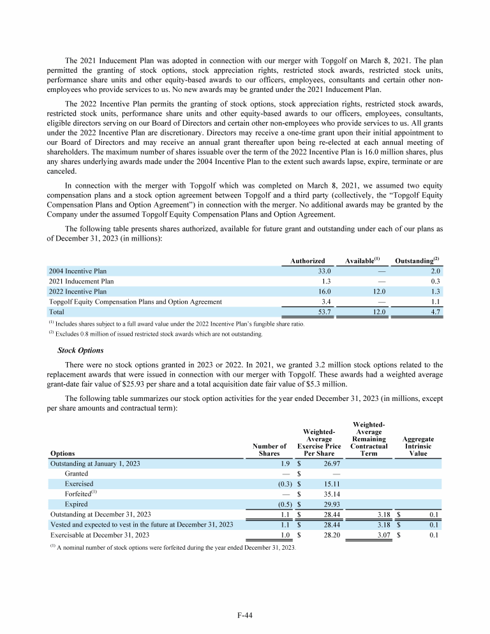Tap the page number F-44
[245, 615]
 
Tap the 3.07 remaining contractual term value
[378, 535]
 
